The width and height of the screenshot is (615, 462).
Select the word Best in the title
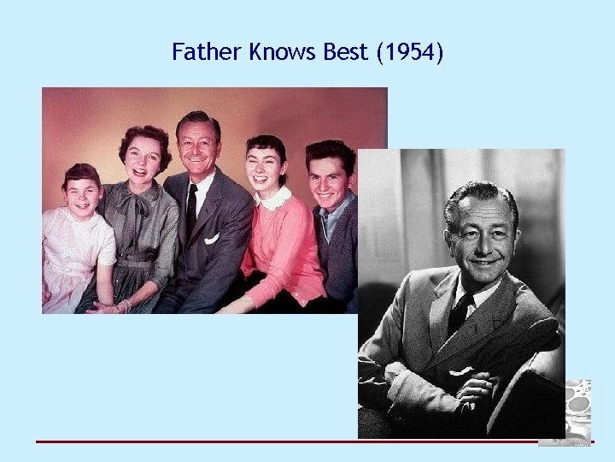pyautogui.click(x=347, y=52)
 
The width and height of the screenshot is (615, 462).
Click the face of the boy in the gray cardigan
pyautogui.click(x=330, y=180)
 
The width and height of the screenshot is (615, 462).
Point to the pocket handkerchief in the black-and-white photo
pyautogui.click(x=461, y=373)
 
